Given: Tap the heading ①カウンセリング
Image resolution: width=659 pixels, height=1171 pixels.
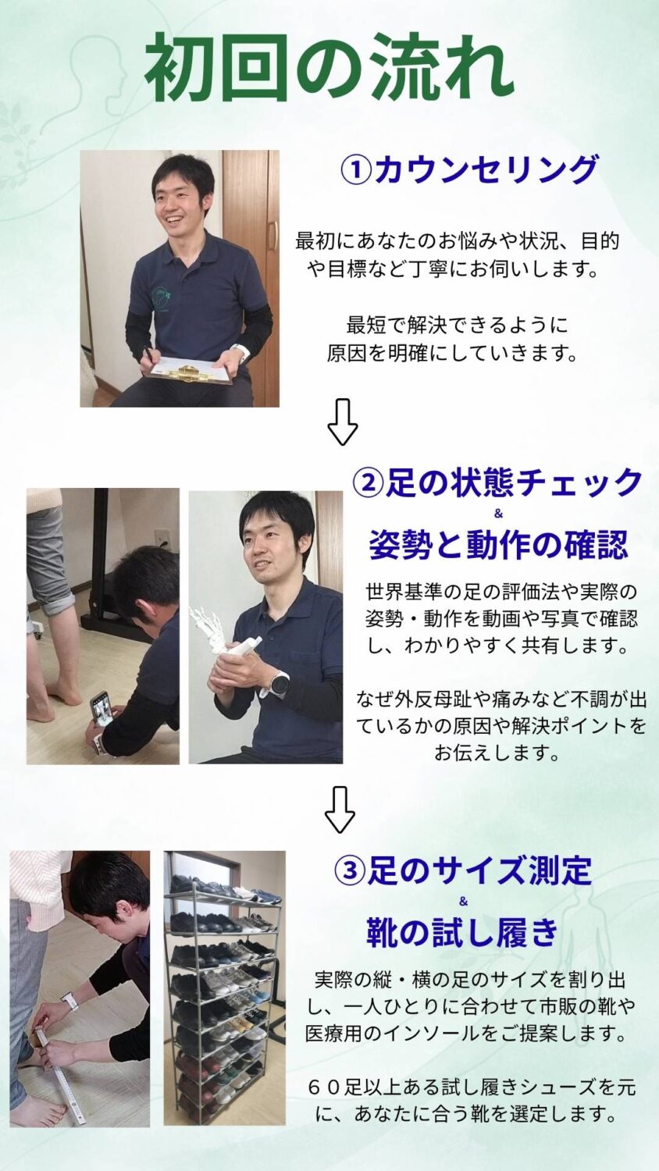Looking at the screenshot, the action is (468, 169).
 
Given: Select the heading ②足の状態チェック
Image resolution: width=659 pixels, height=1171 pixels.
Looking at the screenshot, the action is (497, 482).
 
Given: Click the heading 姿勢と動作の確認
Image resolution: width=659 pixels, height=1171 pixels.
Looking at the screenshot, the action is (498, 544).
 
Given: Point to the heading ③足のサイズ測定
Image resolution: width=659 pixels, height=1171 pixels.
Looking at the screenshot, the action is (462, 870).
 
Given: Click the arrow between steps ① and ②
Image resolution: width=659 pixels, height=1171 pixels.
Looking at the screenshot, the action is (343, 422).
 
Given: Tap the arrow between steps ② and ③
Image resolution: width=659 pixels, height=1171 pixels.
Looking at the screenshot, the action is (340, 810).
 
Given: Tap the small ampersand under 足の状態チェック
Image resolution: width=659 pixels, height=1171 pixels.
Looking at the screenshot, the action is (498, 514).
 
